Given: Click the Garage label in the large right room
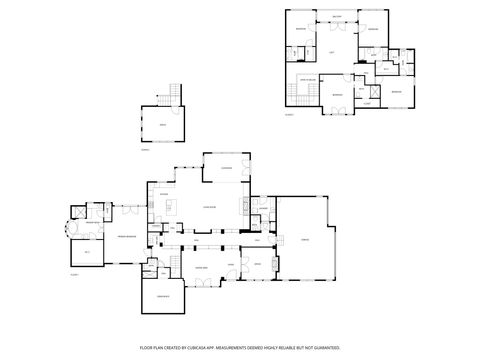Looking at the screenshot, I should [x=303, y=238].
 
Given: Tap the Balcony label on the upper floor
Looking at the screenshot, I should [x=337, y=17].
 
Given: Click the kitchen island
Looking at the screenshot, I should [x=170, y=208].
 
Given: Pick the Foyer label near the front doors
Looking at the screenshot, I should [x=229, y=264].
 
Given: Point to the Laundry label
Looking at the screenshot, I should [x=265, y=208].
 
